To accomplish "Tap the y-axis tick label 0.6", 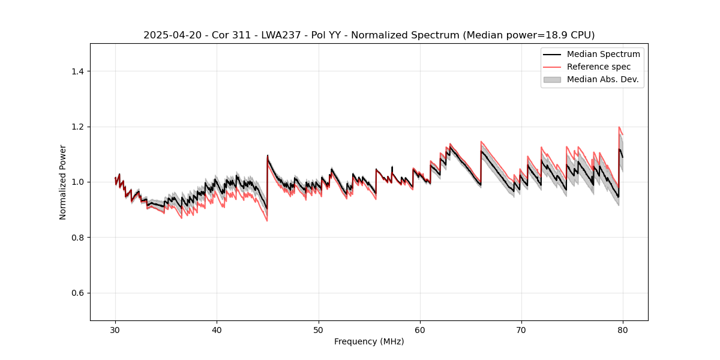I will (77, 293).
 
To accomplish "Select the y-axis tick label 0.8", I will (77, 238).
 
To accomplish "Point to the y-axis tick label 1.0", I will (77, 182).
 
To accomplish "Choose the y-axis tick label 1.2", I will (77, 127).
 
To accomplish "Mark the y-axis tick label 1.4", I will (77, 71).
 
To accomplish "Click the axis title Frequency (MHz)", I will (369, 341).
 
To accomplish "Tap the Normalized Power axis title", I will (63, 182).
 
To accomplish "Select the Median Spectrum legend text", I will (603, 54).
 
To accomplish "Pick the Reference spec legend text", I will (598, 67).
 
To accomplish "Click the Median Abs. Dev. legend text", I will (602, 79).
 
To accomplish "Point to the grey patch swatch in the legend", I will (551, 79).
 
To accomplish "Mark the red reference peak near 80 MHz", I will (619, 127).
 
